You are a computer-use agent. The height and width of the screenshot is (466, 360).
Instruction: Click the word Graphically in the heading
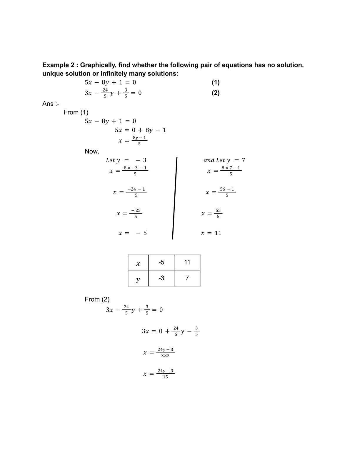(x=98, y=65)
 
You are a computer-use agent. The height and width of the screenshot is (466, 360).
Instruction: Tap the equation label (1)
(x=216, y=82)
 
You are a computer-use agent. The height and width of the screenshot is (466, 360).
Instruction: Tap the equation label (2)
(x=216, y=93)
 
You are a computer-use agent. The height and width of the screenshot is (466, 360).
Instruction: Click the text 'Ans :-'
(x=51, y=104)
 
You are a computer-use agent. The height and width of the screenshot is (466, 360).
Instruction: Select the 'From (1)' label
(x=76, y=112)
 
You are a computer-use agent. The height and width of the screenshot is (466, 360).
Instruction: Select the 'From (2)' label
(x=97, y=299)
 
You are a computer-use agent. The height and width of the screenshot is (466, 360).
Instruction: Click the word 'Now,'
(x=92, y=152)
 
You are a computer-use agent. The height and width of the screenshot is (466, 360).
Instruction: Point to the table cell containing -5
(x=161, y=262)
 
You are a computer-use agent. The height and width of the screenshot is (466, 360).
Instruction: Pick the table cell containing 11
(x=187, y=262)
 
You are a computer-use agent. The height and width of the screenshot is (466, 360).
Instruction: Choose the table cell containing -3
(x=161, y=278)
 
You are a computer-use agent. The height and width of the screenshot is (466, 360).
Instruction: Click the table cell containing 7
(x=187, y=278)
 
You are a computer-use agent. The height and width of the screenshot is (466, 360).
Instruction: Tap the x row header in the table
(x=138, y=263)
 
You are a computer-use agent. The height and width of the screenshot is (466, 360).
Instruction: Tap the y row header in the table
(x=138, y=279)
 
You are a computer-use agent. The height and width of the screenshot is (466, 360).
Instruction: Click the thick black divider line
(x=175, y=199)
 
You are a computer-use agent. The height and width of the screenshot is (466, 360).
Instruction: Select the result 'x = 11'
(x=211, y=233)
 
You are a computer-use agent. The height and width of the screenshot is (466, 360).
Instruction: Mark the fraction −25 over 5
(x=136, y=214)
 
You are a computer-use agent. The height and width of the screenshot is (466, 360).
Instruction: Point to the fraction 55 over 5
(x=218, y=214)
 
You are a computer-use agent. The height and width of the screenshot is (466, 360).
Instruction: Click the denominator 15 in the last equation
(x=165, y=377)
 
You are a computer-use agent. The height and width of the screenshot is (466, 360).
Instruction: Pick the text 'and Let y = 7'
(x=224, y=160)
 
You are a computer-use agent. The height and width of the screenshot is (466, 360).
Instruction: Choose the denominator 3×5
(x=165, y=356)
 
